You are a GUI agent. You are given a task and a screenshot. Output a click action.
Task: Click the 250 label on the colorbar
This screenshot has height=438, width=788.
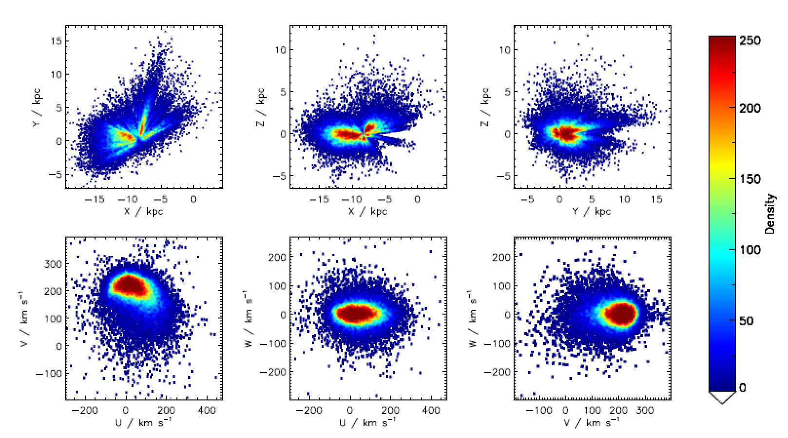[750, 40]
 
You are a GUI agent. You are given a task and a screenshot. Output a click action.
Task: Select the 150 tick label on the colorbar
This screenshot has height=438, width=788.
[750, 179]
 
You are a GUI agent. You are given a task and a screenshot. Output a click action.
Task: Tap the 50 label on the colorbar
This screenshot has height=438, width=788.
[746, 321]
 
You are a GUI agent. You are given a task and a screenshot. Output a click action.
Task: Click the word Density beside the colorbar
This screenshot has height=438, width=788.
[769, 214]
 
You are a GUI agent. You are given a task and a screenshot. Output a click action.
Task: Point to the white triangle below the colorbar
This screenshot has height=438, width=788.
[722, 397]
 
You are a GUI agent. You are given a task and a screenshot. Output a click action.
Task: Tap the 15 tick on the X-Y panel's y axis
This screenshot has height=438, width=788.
[56, 41]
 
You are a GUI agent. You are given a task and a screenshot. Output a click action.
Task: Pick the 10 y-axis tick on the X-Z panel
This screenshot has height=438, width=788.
[280, 50]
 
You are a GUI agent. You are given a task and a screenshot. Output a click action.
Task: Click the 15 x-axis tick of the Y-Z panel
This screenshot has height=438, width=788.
[656, 199]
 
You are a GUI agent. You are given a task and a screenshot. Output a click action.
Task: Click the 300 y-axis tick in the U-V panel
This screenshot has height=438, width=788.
[53, 264]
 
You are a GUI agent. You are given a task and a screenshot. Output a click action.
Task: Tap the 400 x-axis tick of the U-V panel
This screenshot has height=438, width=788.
[207, 411]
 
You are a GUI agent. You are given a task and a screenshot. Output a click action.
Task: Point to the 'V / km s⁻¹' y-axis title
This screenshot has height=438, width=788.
[23, 319]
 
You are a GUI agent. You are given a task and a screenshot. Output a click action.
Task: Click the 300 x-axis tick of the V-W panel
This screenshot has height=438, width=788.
[645, 411]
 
